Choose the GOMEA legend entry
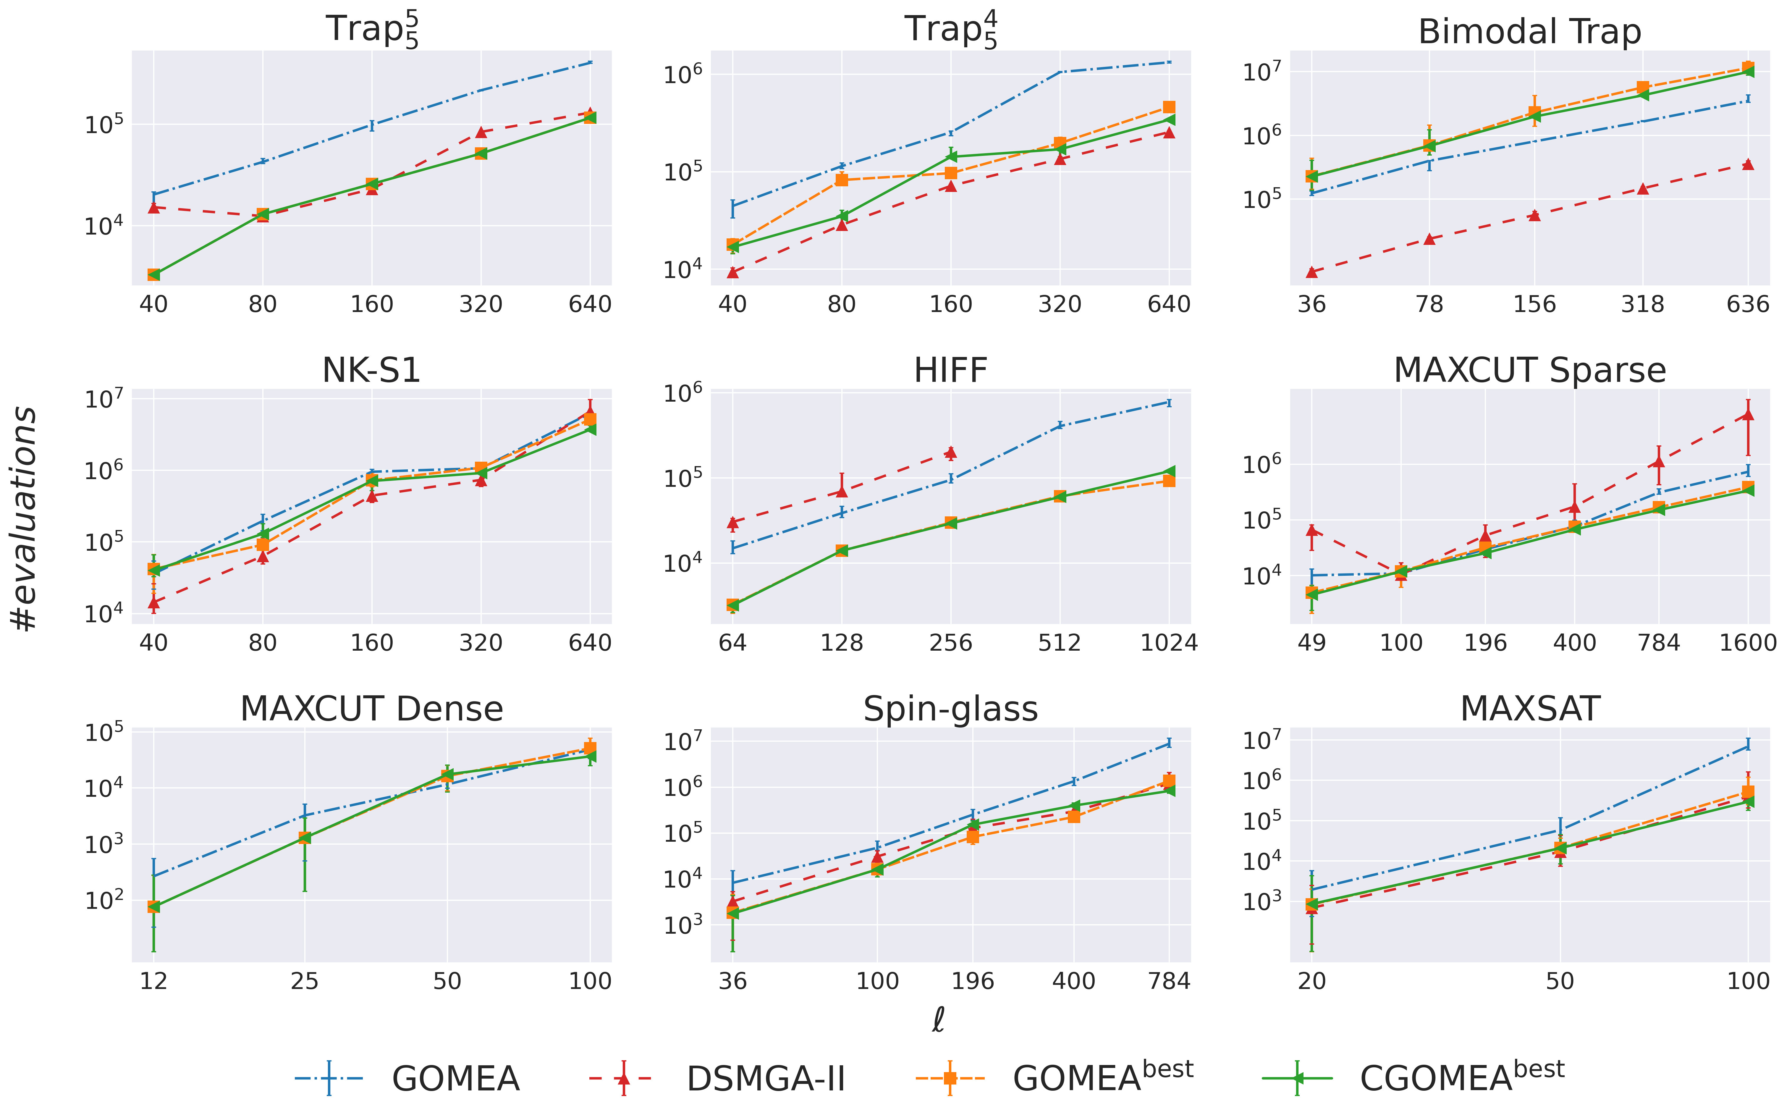407,1079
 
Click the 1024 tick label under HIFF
1169,642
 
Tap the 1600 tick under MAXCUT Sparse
1748,642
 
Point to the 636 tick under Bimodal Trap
1748,304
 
